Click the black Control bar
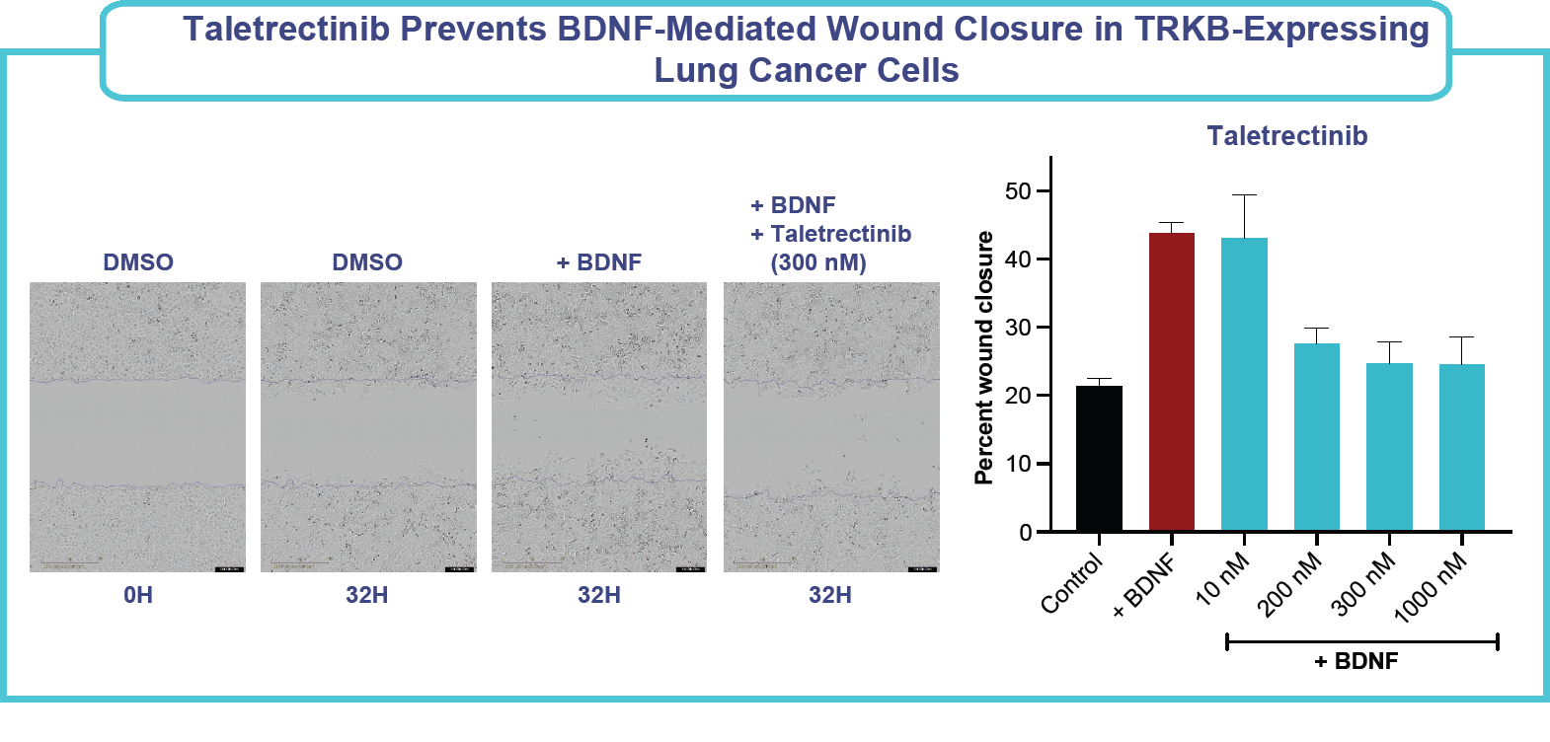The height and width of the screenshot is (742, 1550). point(1099,459)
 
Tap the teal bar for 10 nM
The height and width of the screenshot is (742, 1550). point(1244,385)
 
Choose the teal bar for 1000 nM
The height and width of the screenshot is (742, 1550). point(1461,448)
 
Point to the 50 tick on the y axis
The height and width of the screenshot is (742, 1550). point(1043,191)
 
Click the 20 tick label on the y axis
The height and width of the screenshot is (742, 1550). point(1018,396)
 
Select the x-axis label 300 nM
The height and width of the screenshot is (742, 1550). point(1366,583)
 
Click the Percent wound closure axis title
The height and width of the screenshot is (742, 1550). point(983,358)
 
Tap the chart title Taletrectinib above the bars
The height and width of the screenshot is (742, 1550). point(1286,136)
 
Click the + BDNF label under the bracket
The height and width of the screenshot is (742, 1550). point(1356,661)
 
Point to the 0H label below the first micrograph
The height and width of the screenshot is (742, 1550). point(138,595)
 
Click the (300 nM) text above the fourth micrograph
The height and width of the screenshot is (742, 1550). point(818,263)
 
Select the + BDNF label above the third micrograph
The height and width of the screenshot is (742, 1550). point(598,262)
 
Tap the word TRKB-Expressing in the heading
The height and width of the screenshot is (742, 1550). point(1280,30)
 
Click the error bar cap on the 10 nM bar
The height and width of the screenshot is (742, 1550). point(1244,195)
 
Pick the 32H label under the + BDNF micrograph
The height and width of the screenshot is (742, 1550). point(598,595)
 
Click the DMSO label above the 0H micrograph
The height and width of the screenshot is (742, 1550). point(138,262)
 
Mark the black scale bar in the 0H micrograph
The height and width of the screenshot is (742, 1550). point(229,569)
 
